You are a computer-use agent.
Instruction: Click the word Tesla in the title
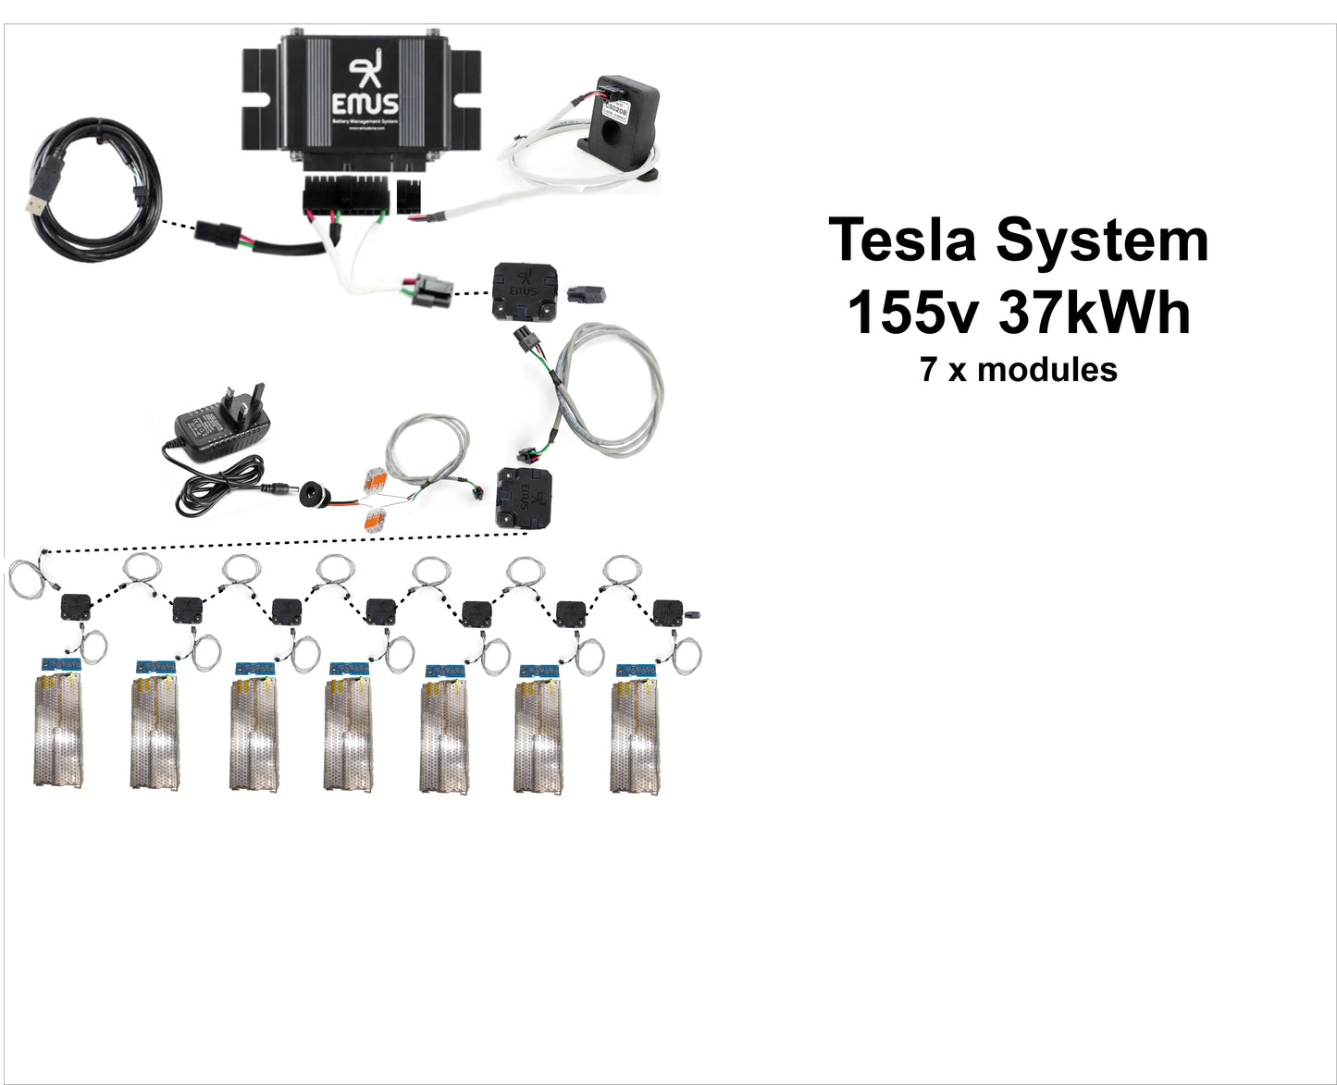point(902,240)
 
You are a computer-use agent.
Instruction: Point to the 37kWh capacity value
point(1095,313)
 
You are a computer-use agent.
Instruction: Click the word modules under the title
point(1047,370)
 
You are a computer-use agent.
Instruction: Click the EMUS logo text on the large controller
point(365,102)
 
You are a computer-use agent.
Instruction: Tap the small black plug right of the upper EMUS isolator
point(587,294)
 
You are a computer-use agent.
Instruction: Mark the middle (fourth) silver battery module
point(349,734)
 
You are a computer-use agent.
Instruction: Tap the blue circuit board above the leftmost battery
point(57,666)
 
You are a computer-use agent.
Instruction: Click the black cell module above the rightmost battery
point(667,612)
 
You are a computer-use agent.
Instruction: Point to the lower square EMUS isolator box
point(524,498)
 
